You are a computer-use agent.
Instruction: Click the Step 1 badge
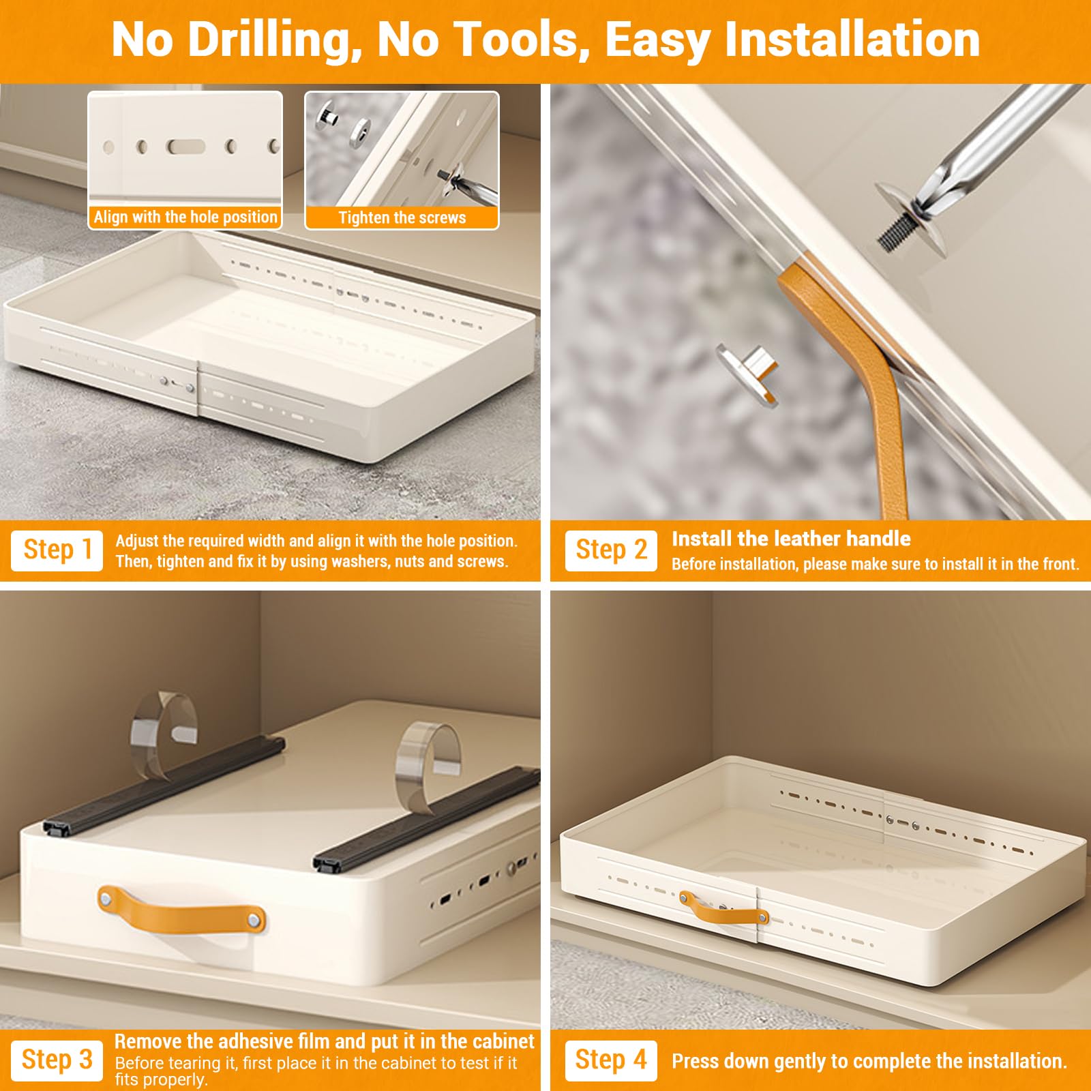point(57,550)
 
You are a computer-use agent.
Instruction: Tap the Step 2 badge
point(611,550)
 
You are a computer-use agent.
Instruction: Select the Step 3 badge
point(57,1060)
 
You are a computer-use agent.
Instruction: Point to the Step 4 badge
point(611,1060)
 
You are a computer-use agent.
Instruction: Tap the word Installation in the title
point(852,40)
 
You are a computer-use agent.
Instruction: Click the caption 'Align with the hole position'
point(185,218)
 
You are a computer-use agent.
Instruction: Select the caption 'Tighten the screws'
point(402,218)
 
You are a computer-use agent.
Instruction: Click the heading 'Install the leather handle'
point(791,539)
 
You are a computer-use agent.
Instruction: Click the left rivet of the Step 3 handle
point(106,900)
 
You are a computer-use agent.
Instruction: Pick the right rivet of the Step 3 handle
point(254,921)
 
